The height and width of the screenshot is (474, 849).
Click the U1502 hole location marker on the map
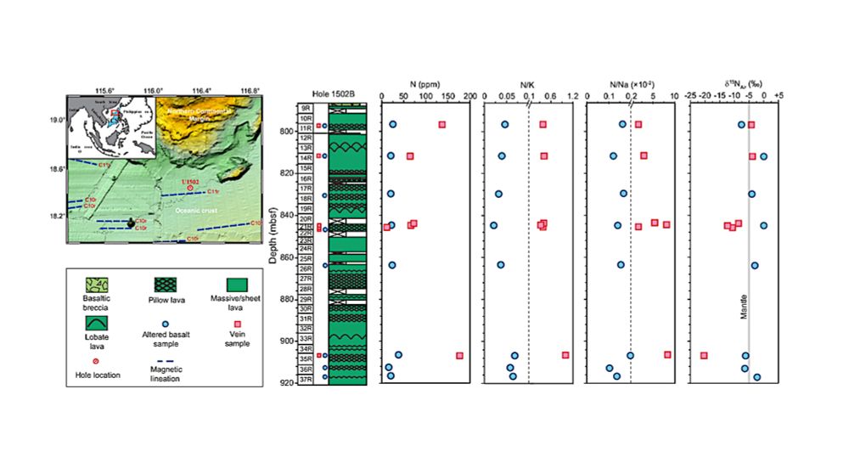coord(189,189)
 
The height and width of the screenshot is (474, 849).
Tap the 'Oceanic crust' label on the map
coord(196,209)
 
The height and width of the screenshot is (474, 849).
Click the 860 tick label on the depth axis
coord(287,257)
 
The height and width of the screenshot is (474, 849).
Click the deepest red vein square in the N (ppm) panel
coord(459,355)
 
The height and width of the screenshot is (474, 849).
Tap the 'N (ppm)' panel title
coord(424,84)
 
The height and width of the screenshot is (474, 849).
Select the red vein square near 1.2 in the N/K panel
coord(565,355)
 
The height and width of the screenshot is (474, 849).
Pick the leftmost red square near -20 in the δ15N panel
coord(704,355)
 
